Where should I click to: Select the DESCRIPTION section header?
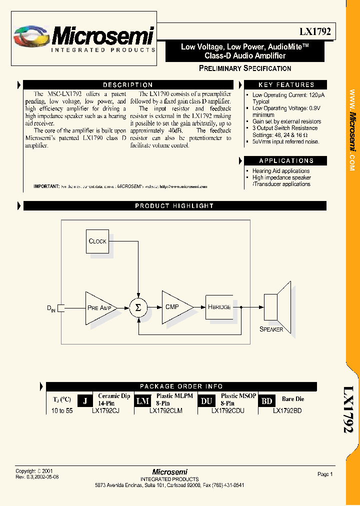(x=128, y=85)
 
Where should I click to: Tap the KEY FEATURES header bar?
(x=286, y=85)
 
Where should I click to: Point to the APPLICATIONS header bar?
(x=286, y=160)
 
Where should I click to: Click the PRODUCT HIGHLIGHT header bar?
(x=174, y=205)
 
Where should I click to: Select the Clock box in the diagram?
(x=97, y=241)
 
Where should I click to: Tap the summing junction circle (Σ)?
(x=138, y=308)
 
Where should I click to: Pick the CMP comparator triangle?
(x=174, y=306)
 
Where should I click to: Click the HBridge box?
(x=219, y=306)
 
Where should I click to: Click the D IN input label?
(x=51, y=308)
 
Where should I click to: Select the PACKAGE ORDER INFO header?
(x=181, y=386)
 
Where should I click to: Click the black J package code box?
(x=85, y=401)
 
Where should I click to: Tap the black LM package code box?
(x=143, y=401)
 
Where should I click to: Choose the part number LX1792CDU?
(x=227, y=411)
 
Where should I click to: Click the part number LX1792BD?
(x=287, y=411)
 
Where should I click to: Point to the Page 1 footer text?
(x=325, y=474)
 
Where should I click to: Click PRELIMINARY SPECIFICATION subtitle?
(x=245, y=68)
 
